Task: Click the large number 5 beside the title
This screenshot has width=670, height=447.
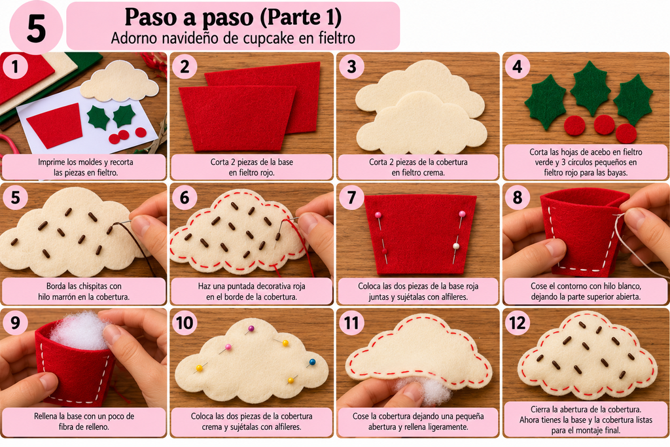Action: pos(36,29)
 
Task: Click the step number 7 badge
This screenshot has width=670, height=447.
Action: pos(351,198)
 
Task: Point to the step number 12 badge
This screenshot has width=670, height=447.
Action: pos(517,323)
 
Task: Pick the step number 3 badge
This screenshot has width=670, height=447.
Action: pos(351,67)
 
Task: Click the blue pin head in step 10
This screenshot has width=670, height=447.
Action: pos(312,363)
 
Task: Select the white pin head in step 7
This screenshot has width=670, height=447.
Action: pos(456,246)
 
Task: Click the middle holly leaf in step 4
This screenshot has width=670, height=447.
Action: pos(591,88)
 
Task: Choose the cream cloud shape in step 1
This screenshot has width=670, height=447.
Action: pos(119,81)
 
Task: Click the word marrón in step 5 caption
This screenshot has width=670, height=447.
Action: pos(66,296)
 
